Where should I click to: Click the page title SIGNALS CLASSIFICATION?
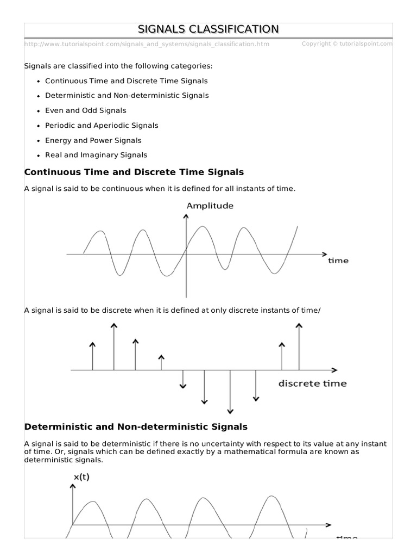coord(208,29)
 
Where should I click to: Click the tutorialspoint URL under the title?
coord(147,44)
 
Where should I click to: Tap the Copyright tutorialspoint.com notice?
coord(346,44)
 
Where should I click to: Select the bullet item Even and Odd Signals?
coord(85,110)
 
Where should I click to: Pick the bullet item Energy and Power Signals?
coord(93,140)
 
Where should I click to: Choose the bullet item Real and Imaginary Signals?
coord(96,155)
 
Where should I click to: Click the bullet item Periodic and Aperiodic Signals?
coord(102,125)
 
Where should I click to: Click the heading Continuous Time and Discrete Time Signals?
coord(134,172)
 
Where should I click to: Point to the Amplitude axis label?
coord(210,206)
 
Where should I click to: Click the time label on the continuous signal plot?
coord(338,261)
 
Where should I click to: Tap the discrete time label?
coord(312,383)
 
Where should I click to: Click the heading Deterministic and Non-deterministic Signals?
coord(136,427)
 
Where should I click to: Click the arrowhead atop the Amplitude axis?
coord(187,216)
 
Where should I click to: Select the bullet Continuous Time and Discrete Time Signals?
coord(126,81)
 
